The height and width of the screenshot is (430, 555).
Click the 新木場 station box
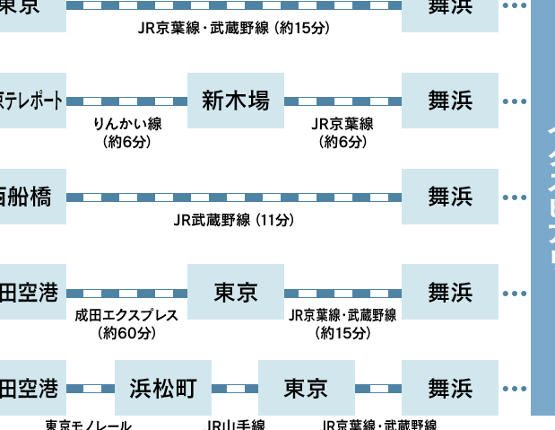[236, 101]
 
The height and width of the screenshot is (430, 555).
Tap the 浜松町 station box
[163, 388]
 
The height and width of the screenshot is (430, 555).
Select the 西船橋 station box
[32, 197]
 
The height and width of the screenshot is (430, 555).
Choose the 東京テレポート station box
[32, 101]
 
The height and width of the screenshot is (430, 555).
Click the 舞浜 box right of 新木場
[450, 101]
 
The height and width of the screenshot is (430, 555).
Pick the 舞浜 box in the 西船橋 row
[450, 197]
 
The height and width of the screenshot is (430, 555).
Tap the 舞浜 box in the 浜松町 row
[450, 388]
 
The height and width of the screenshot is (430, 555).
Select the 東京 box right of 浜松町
[307, 388]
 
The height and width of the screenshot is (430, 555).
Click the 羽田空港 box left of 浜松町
[32, 388]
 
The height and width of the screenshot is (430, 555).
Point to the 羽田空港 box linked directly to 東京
[32, 292]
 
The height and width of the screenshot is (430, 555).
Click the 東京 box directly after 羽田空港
[236, 292]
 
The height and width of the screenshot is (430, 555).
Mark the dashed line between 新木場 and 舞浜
[343, 101]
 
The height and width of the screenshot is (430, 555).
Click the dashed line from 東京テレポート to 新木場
[126, 101]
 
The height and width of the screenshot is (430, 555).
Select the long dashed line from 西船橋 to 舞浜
[234, 197]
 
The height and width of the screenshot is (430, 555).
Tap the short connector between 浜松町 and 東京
[235, 389]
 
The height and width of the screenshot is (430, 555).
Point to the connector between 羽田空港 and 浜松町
[91, 389]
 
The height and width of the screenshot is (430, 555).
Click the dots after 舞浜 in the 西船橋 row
[515, 197]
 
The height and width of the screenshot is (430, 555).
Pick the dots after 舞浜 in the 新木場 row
[515, 101]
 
